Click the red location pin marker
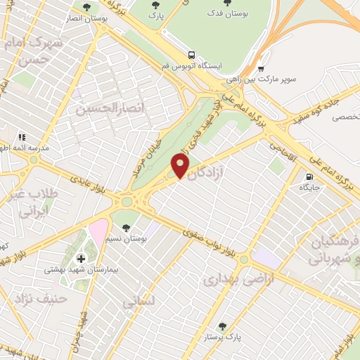(181, 166)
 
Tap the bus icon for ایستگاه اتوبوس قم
(192, 55)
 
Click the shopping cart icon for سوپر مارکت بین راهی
(261, 69)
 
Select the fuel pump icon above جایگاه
(309, 176)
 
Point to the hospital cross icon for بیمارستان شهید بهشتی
(82, 259)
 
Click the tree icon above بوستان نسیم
(127, 228)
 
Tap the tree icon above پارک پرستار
(223, 326)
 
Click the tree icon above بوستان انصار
(86, 7)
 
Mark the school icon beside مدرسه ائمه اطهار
(22, 136)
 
